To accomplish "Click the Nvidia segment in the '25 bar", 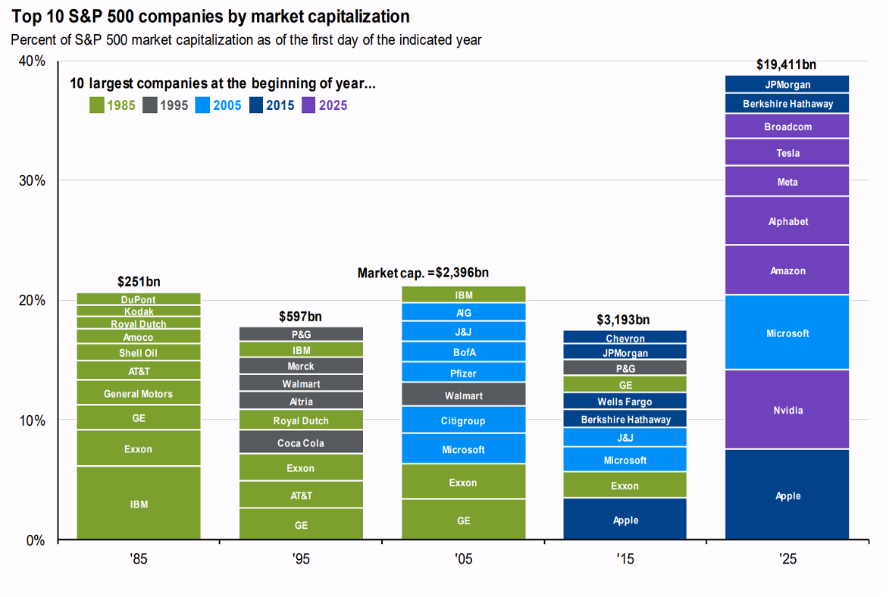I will (x=787, y=410).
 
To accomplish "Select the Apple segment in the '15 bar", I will (x=625, y=520).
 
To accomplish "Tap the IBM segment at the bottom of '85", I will (x=139, y=503).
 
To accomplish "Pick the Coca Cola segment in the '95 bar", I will (x=301, y=442).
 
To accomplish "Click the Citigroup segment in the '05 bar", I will (x=463, y=420).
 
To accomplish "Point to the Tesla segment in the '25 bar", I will (x=787, y=153).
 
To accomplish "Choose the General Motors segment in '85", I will (x=139, y=393).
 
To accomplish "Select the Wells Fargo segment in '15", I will (x=625, y=402).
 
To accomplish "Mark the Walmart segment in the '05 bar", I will (x=463, y=395).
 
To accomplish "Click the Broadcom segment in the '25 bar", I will (x=787, y=127).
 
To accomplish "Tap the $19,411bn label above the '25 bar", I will (x=787, y=65).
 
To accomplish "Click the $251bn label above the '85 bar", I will (x=139, y=282).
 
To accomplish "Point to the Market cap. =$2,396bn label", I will (x=423, y=273).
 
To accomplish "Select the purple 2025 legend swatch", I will (x=308, y=105).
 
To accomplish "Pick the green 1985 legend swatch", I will (x=97, y=105).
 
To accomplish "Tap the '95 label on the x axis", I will (x=300, y=560).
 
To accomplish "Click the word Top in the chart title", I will (x=27, y=16).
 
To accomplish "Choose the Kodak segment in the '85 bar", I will (x=139, y=311).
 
